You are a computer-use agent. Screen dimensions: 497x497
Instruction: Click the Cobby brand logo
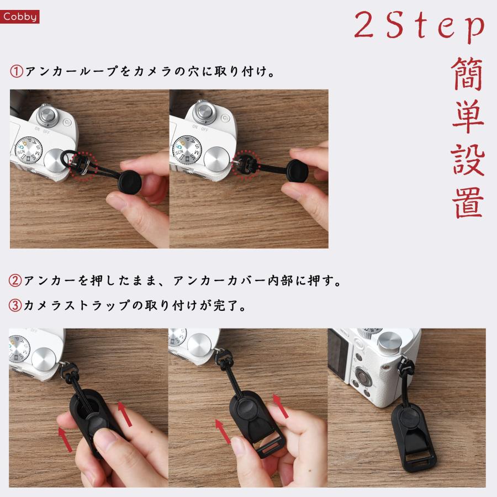point(20,17)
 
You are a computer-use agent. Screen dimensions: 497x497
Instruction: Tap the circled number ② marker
point(16,281)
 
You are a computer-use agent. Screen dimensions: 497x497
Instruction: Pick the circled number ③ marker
point(16,305)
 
